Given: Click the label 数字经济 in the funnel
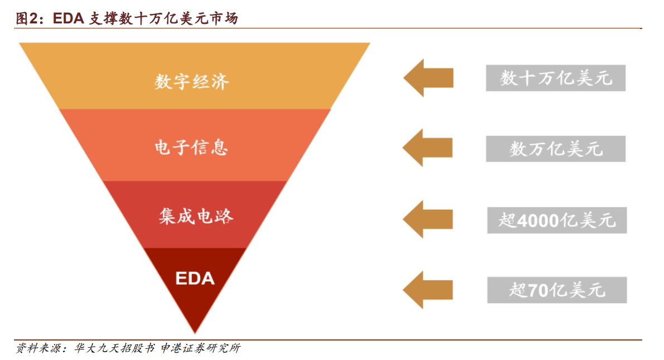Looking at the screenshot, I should pos(192,82).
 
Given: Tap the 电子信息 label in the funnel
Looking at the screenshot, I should pos(192,147).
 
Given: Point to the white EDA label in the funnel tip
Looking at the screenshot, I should pos(195,278).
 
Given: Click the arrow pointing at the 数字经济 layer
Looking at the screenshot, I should pos(428,78).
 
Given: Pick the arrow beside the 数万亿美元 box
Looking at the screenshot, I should pos(428,148).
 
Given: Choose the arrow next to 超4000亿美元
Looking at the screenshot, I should pos(428,219).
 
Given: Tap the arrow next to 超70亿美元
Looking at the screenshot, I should pos(428,289).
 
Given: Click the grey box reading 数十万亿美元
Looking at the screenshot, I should pos(555,78).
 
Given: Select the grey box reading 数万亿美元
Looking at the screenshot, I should pos(555,149).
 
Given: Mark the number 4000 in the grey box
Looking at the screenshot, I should pos(539,221).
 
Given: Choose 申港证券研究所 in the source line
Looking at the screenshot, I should pos(200,349).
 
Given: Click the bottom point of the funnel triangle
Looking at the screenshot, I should pos(195,333).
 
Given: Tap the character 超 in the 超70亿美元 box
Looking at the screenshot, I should pos(518,290).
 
